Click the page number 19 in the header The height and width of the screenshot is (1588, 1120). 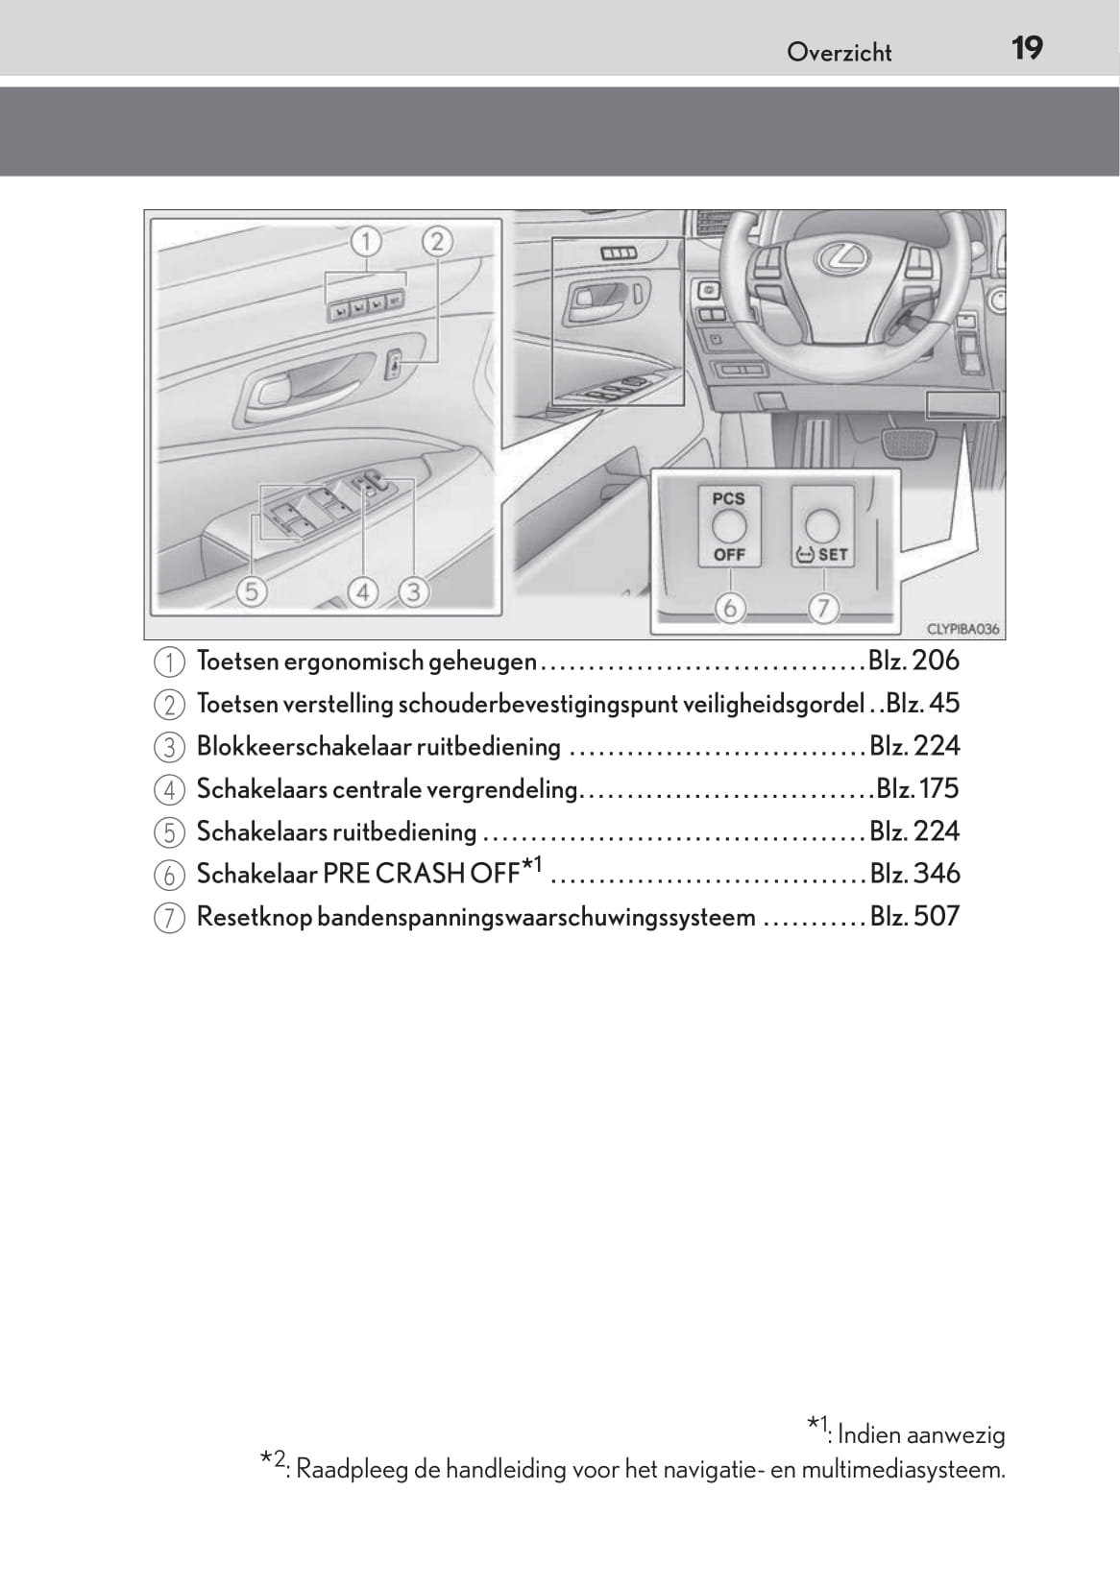point(1027,48)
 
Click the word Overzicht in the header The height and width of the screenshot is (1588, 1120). point(839,53)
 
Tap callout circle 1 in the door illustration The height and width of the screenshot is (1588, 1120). point(365,240)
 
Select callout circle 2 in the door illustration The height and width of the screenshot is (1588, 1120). point(437,240)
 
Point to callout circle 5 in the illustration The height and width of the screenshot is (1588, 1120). point(252,591)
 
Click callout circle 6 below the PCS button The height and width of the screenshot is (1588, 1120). point(730,608)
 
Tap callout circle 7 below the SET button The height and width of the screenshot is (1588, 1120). point(823,608)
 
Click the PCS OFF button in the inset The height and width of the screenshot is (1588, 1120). point(729,526)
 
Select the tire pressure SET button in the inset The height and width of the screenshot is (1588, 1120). point(822,526)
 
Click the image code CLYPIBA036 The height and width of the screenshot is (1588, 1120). point(962,630)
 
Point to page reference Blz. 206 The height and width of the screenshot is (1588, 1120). point(913,661)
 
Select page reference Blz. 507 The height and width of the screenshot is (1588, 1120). point(914,916)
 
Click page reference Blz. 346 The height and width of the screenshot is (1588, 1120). point(914,874)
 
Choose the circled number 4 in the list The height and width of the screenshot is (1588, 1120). point(169,790)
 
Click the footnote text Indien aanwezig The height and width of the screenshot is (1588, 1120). point(921,1435)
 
